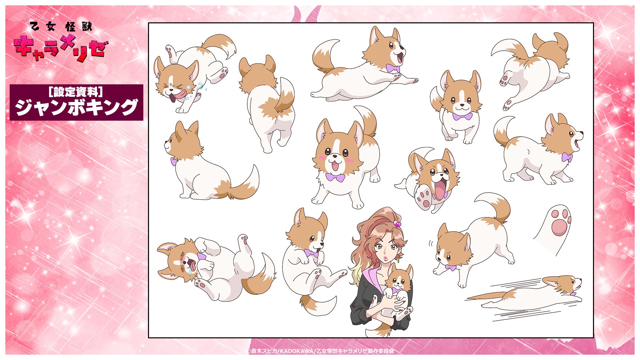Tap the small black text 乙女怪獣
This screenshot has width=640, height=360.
(x=61, y=26)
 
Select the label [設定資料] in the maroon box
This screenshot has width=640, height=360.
(x=76, y=92)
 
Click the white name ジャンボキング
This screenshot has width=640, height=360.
(x=76, y=107)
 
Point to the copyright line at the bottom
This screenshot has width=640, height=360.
(x=321, y=351)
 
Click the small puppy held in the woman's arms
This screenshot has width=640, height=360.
(x=398, y=290)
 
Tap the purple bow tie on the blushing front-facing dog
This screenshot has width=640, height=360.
(x=335, y=177)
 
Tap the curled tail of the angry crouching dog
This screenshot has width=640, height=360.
(x=495, y=205)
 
